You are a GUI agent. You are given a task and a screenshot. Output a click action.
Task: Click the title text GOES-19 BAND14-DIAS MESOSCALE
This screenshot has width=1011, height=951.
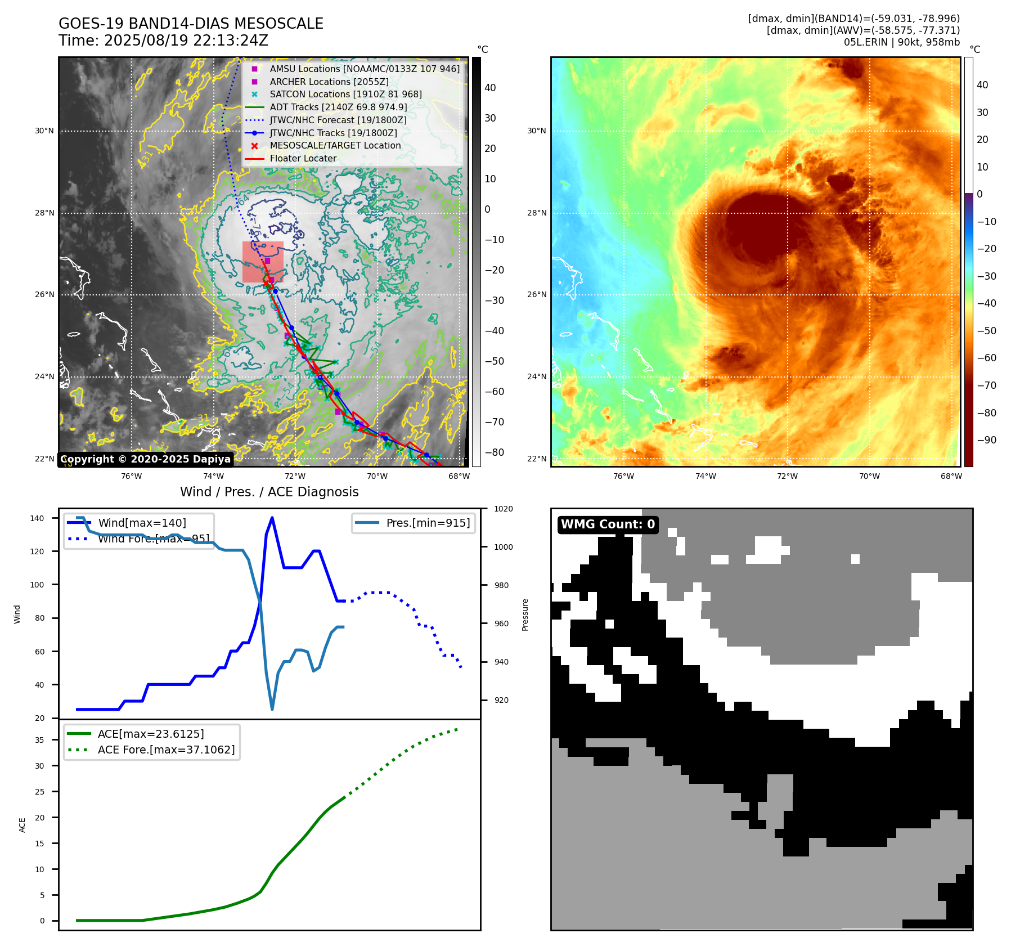click(x=191, y=24)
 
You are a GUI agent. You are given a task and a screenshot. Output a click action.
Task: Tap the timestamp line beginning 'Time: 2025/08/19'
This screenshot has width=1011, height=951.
click(x=163, y=41)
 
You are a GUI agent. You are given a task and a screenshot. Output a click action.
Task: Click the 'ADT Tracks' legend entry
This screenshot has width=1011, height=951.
click(x=338, y=107)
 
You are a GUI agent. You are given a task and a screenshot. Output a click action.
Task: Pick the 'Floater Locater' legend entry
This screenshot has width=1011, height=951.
click(x=303, y=158)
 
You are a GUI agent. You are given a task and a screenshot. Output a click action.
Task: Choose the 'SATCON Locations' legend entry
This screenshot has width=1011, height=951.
click(x=345, y=94)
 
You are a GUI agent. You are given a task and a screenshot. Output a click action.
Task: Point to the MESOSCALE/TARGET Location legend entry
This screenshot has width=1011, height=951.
click(x=335, y=145)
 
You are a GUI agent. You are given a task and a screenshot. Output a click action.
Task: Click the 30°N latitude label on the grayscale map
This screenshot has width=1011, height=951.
click(x=44, y=131)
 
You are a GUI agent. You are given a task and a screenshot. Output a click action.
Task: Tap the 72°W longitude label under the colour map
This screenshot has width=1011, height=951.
click(x=787, y=476)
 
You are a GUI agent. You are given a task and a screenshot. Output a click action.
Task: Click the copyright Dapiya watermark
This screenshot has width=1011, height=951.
click(x=145, y=459)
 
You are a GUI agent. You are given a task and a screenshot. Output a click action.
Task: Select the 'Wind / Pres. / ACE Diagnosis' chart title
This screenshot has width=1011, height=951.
click(x=269, y=492)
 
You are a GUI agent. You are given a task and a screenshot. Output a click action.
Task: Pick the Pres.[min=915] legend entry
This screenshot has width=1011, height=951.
click(x=428, y=523)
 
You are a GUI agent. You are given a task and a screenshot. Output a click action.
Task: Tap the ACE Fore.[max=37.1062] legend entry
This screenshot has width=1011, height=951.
click(x=166, y=750)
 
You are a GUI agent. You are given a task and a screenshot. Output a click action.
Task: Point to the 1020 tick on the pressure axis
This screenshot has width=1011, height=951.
click(x=503, y=509)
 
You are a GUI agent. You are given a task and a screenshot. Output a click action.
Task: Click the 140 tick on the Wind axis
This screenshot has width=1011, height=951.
click(x=37, y=518)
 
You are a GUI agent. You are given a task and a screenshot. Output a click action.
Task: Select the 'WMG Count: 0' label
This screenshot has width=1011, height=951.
click(x=608, y=524)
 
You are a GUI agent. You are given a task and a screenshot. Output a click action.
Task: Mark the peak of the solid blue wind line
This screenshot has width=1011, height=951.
click(x=272, y=517)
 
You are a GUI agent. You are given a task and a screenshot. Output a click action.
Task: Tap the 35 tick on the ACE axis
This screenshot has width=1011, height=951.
click(x=39, y=740)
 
